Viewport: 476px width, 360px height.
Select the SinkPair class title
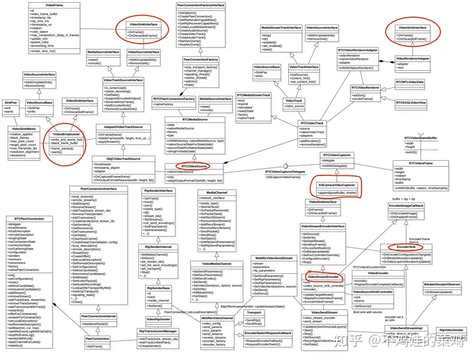pos(11,103)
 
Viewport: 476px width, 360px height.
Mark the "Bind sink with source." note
pos(368,312)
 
